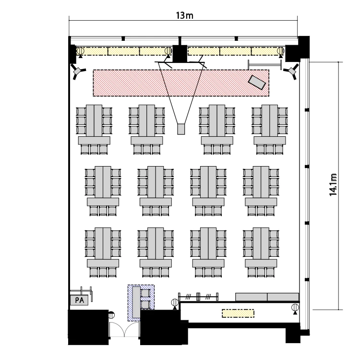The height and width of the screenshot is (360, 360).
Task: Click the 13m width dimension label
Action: pos(185,16)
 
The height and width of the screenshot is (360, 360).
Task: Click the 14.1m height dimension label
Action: pos(333,185)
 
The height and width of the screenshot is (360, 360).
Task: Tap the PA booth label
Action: pos(79,300)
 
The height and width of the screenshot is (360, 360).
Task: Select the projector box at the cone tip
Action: pos(181,129)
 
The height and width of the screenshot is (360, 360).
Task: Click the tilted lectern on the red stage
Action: pos(257,82)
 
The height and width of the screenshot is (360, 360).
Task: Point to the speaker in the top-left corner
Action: pos(78,71)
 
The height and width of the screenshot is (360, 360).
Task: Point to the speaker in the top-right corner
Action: pos(291,71)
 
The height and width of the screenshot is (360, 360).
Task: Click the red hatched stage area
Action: pos(181,83)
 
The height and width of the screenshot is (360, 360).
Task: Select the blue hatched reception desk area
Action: pos(141,303)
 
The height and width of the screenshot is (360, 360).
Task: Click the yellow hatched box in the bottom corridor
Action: pos(238,313)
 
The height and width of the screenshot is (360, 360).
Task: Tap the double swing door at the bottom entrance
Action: pos(124,329)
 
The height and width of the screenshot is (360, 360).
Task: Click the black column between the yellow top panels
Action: pos(180,53)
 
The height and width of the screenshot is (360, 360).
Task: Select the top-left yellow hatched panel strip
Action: pos(124,51)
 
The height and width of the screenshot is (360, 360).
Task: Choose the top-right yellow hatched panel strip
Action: pos(236,51)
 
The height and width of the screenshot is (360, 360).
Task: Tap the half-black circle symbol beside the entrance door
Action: pos(111,315)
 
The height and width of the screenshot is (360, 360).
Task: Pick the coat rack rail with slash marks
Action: pos(198,297)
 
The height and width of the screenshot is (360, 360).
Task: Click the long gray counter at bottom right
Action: pos(267,297)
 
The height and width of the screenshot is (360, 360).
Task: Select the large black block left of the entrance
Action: pos(88,327)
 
